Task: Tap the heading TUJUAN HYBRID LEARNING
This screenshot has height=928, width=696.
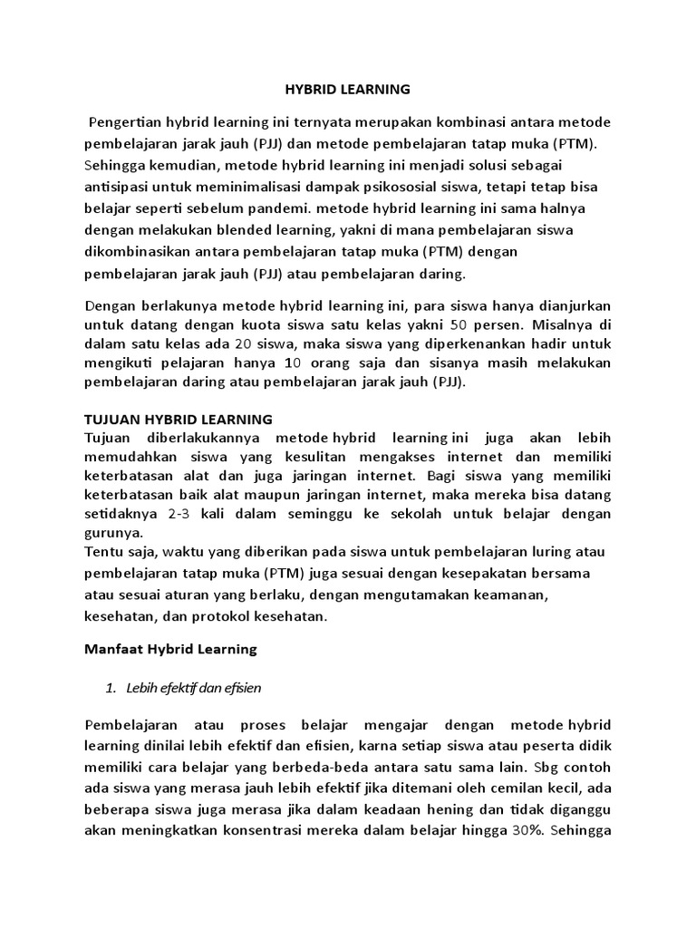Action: [179, 419]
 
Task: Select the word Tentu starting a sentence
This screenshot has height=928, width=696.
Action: [103, 553]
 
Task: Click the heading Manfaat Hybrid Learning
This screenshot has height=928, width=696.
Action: [170, 649]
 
